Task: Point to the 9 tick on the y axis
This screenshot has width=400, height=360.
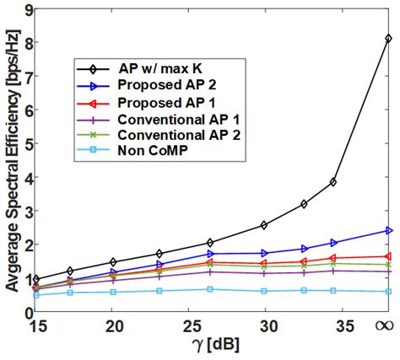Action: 29,10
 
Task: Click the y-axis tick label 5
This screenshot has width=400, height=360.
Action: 29,143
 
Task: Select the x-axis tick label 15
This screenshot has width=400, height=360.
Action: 38,325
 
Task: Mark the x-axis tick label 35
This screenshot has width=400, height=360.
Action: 330,325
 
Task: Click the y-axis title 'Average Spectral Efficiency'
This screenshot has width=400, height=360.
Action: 11,160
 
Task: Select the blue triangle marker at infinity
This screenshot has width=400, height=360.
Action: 388,230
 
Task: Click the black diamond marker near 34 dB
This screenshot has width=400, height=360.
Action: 333,182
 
